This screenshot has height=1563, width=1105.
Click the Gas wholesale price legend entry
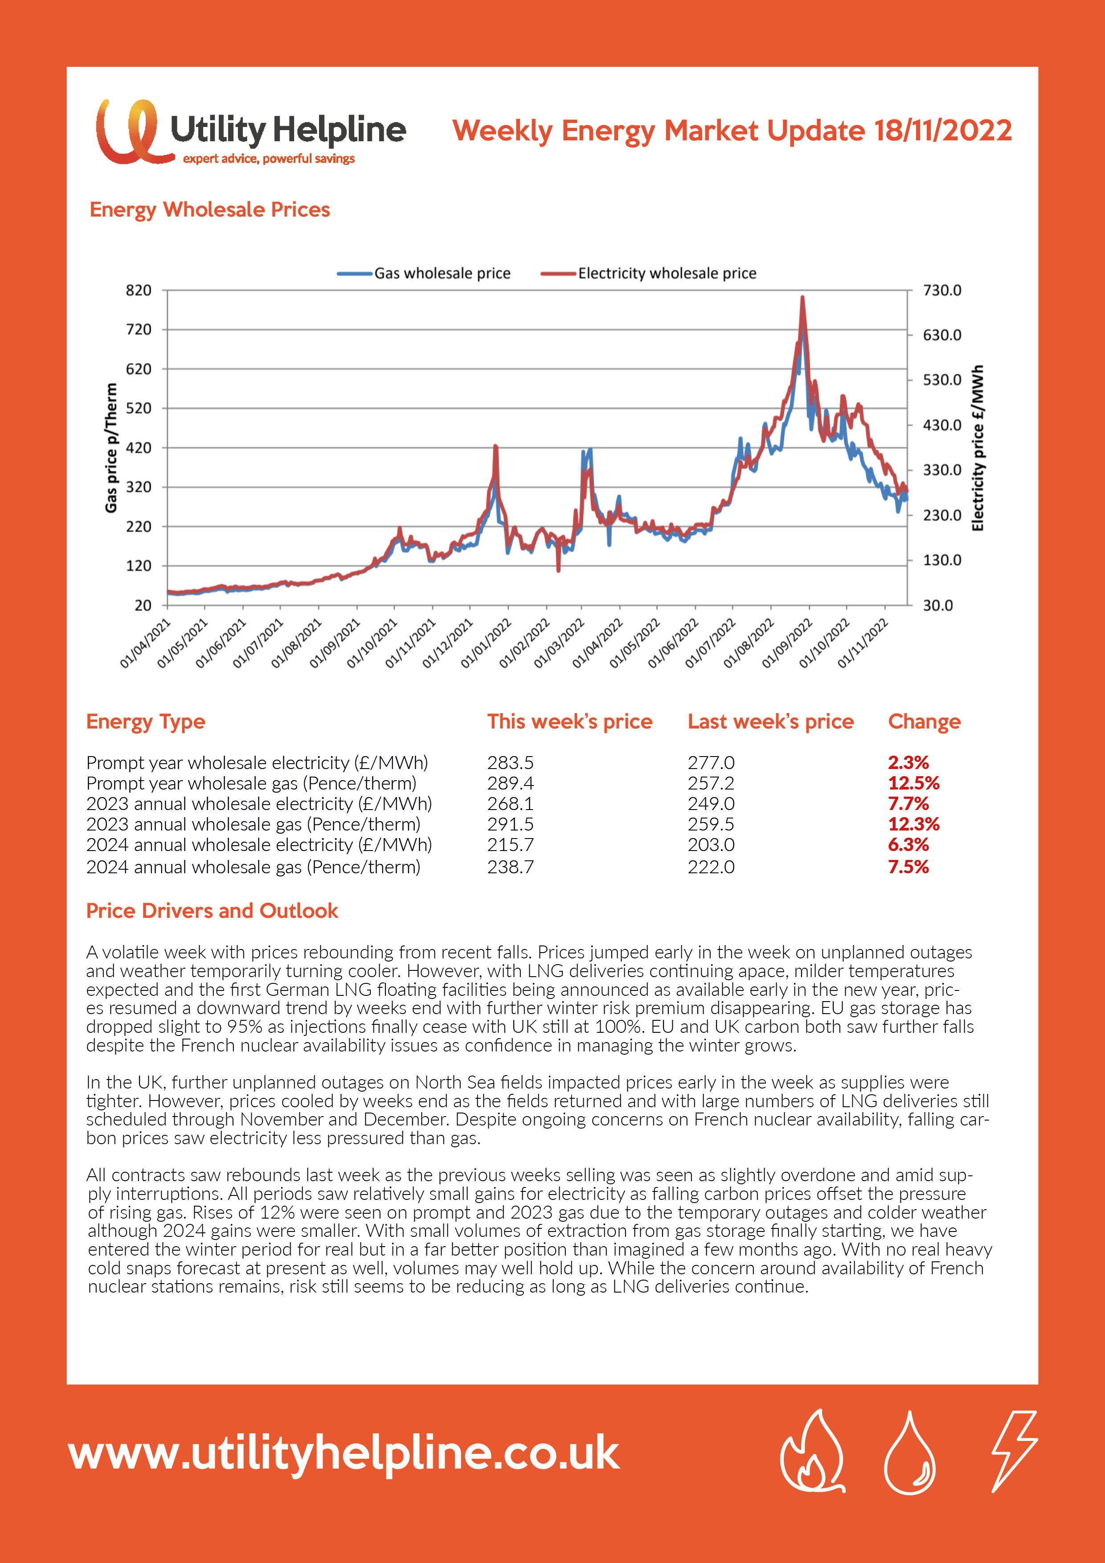click(x=423, y=274)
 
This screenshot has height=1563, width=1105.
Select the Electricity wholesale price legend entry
click(x=648, y=274)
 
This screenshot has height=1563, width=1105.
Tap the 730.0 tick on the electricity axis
click(x=942, y=291)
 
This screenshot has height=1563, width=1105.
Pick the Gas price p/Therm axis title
click(x=111, y=447)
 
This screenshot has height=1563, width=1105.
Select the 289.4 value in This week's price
click(x=510, y=783)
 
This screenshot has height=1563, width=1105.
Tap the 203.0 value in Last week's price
click(x=711, y=845)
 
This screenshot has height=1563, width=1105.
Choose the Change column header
click(x=924, y=722)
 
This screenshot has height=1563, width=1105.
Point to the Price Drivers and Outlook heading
click(x=212, y=911)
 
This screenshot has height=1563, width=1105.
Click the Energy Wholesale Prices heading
click(x=210, y=210)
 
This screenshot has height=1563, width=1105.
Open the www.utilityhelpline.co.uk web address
click(x=344, y=1453)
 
